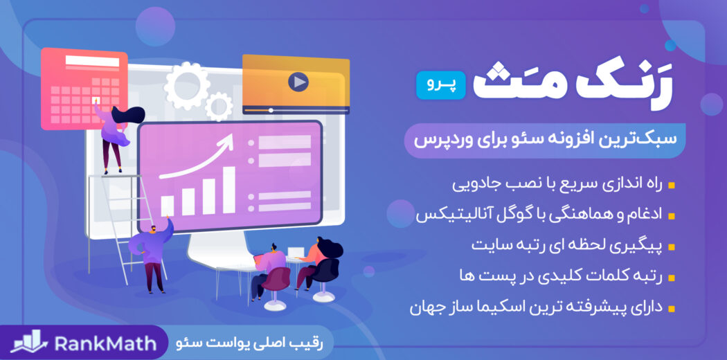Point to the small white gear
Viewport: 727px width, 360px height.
coord(219,106)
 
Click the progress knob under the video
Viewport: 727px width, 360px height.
coord(271,110)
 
